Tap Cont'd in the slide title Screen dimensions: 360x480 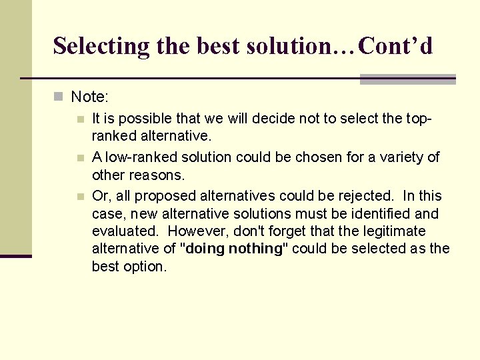click(x=395, y=46)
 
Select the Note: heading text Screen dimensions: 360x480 click(x=89, y=97)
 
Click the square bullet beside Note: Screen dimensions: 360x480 click(x=59, y=97)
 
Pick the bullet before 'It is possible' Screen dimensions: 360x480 click(x=80, y=120)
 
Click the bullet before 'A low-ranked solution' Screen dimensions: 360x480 click(x=80, y=159)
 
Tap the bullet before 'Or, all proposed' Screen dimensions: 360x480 click(x=80, y=197)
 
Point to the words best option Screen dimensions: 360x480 click(x=129, y=266)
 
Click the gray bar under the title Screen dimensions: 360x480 click(x=407, y=79)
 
